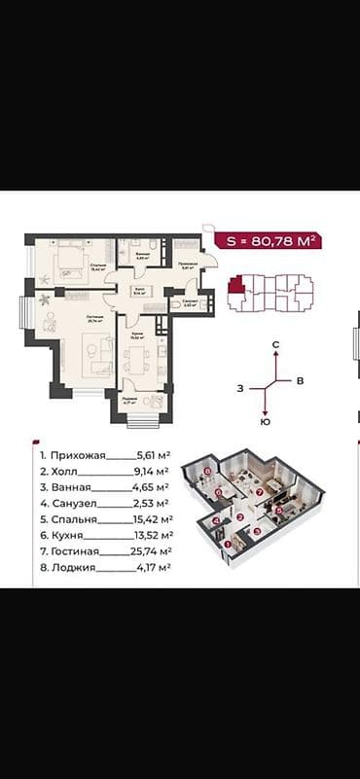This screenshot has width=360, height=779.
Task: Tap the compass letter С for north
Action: point(275,345)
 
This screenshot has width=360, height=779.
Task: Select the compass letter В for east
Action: point(301,380)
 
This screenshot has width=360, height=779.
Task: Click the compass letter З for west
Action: point(238,388)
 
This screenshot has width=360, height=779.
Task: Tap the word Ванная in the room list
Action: point(72,486)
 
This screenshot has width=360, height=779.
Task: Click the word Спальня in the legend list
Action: point(74,518)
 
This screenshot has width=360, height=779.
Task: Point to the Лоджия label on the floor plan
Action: point(128,398)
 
